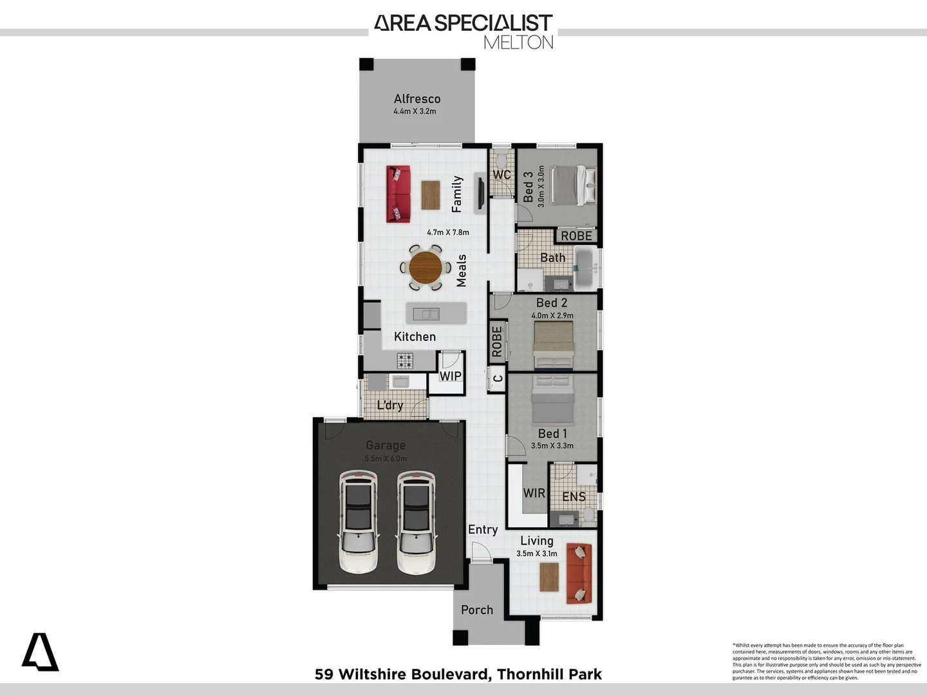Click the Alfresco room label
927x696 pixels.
pos(417,99)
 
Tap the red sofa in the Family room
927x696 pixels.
pos(398,194)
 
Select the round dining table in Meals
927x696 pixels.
pos(426,267)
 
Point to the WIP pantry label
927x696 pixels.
pos(451,376)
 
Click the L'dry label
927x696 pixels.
pos(390,405)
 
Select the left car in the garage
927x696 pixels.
pos(359,522)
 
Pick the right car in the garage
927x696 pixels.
pos(416,522)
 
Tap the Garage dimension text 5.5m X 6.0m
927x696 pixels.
pos(386,459)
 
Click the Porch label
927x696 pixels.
pos(477,610)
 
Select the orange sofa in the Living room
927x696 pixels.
pos(579,574)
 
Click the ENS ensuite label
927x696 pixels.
pos(574,496)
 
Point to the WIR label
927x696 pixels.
pos(534,493)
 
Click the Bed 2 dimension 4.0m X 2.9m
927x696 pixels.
pos(552,316)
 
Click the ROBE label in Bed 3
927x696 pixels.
pos(576,236)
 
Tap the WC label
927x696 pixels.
pos(501,175)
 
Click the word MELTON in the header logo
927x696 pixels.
pos(518,43)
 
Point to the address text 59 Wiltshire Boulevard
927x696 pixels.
pos(403,674)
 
